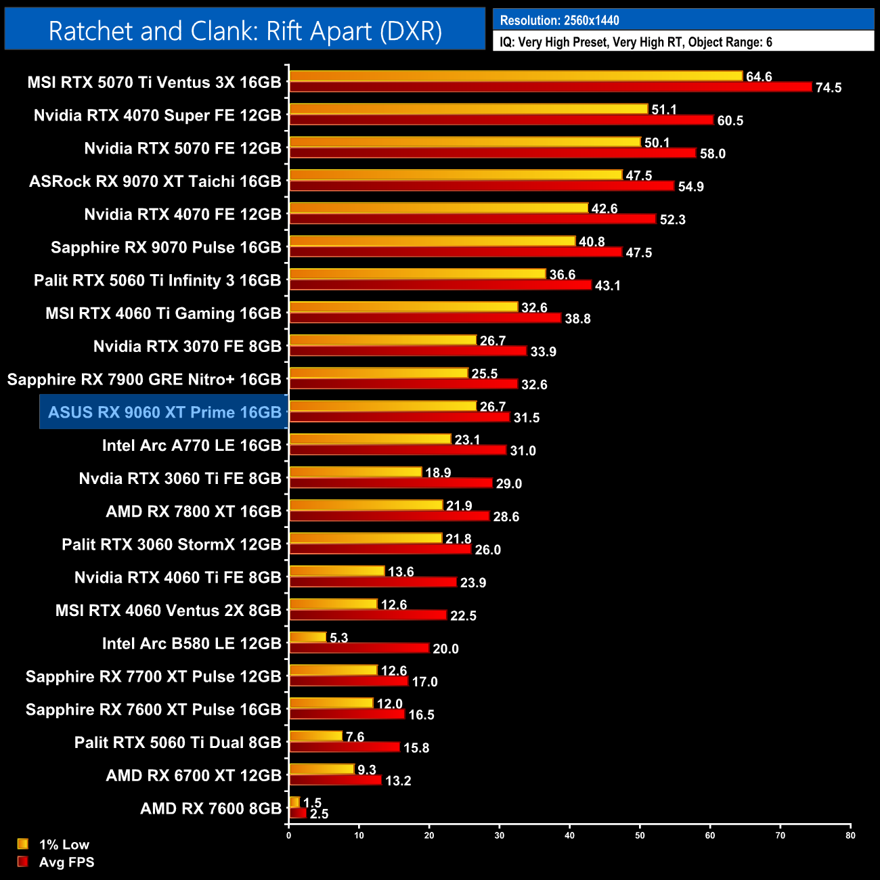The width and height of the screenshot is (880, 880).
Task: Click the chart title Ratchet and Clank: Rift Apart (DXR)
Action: (x=245, y=31)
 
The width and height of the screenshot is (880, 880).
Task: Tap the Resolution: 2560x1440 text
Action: (x=559, y=20)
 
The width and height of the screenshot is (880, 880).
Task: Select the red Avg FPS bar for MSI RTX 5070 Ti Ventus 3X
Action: (x=550, y=87)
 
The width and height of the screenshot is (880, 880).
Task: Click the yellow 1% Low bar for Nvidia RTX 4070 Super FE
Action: (x=468, y=109)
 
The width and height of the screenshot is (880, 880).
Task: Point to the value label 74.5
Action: (x=828, y=88)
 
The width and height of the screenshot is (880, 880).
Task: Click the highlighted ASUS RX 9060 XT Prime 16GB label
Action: (x=164, y=412)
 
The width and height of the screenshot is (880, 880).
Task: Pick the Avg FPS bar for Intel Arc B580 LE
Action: (x=359, y=648)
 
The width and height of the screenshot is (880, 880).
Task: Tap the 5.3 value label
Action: (x=338, y=638)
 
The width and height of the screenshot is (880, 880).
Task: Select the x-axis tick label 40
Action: (x=569, y=835)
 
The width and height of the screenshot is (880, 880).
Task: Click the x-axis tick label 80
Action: (x=850, y=835)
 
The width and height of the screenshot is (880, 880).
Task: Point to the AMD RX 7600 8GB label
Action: (x=211, y=808)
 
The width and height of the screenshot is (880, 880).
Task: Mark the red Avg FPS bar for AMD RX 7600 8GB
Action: (x=298, y=813)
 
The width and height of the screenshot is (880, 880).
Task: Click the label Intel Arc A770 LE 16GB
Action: (x=192, y=445)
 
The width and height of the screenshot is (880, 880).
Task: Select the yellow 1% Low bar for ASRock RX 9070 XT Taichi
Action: (x=455, y=175)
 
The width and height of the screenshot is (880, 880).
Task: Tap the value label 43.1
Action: (x=607, y=286)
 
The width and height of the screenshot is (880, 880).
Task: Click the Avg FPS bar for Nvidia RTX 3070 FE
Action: (x=408, y=351)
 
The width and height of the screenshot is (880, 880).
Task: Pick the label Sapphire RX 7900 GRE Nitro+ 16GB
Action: (x=144, y=379)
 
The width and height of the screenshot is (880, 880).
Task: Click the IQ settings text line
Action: (x=636, y=42)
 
